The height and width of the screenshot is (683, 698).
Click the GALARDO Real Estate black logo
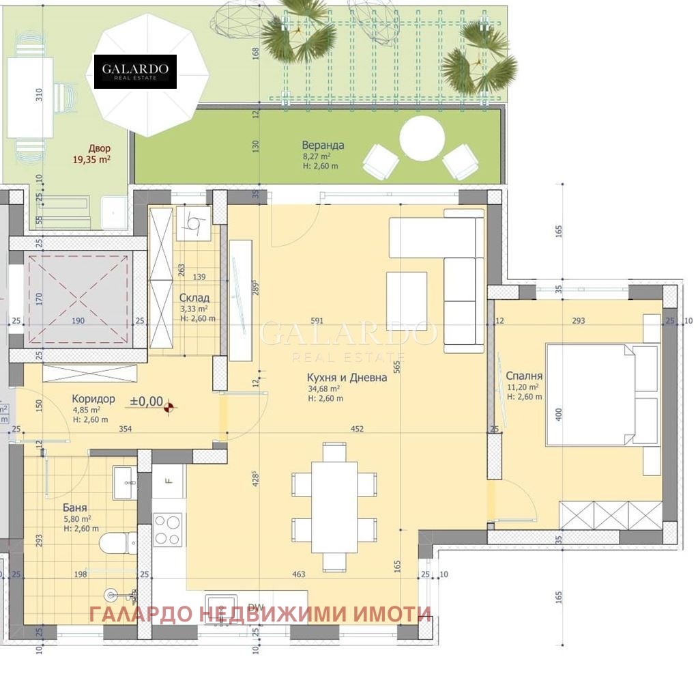point(135,71)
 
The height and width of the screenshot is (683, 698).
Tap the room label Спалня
point(524,376)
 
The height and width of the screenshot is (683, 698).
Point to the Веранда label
point(323,145)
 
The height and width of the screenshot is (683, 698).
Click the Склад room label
point(194,298)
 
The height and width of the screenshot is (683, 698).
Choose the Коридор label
point(93,399)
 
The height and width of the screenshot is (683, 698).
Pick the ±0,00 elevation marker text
point(147,402)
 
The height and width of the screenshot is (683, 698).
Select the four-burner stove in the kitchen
point(168,529)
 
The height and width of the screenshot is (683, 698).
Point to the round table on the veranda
point(422,138)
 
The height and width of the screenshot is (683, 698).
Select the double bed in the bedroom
point(591,395)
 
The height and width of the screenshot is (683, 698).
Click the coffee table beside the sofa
point(407,296)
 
